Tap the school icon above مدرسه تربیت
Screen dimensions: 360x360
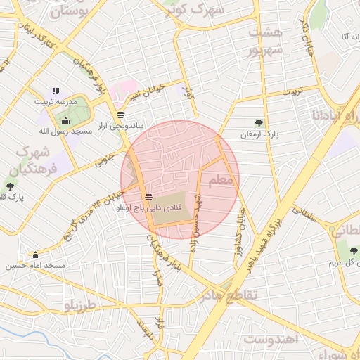(56, 91)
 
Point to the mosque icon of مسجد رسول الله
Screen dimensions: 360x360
(65, 120)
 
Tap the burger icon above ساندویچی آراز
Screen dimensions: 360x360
(121, 114)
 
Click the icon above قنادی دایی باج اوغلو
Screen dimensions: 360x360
(148, 197)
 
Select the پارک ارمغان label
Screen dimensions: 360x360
(259, 134)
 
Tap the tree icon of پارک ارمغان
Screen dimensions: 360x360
(260, 123)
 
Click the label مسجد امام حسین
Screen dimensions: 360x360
(35, 265)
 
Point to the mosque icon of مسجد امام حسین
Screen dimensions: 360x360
(34, 255)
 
